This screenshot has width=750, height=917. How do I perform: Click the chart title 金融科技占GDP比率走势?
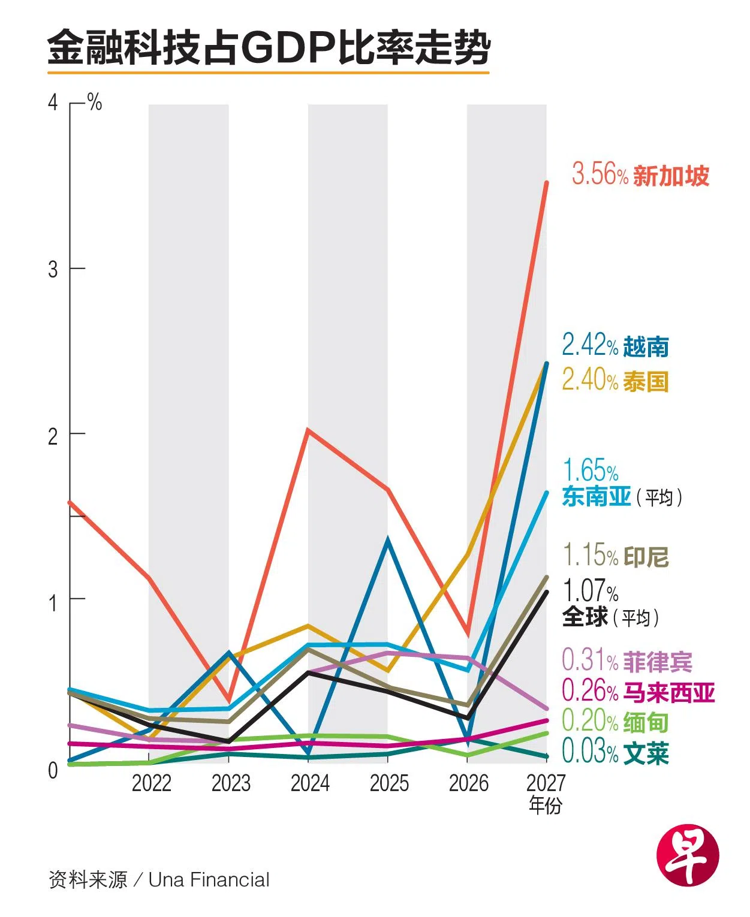(x=269, y=48)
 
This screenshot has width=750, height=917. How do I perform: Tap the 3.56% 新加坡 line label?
(x=640, y=175)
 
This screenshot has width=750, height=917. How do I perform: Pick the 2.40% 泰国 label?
(x=615, y=381)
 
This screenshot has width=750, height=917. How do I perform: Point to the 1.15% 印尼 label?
(x=615, y=556)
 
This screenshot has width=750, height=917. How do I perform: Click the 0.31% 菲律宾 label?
(x=626, y=661)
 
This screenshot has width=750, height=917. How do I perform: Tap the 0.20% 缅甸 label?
(x=615, y=722)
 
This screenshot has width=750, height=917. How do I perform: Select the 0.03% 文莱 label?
(x=615, y=752)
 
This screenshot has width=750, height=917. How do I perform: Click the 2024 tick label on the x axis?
(x=310, y=783)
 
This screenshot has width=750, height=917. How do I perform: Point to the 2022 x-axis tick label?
(x=151, y=783)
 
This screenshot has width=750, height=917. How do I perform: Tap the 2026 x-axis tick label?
(x=469, y=783)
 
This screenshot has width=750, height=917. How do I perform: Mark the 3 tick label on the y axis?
(x=53, y=269)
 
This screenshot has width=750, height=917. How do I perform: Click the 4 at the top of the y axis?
(x=53, y=103)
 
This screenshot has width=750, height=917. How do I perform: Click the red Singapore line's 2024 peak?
(x=308, y=430)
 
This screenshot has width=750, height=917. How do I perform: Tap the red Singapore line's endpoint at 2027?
(x=546, y=182)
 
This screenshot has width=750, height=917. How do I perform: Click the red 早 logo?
(x=687, y=855)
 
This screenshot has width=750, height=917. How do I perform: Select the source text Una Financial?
(x=209, y=880)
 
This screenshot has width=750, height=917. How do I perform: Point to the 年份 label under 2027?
(x=545, y=805)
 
